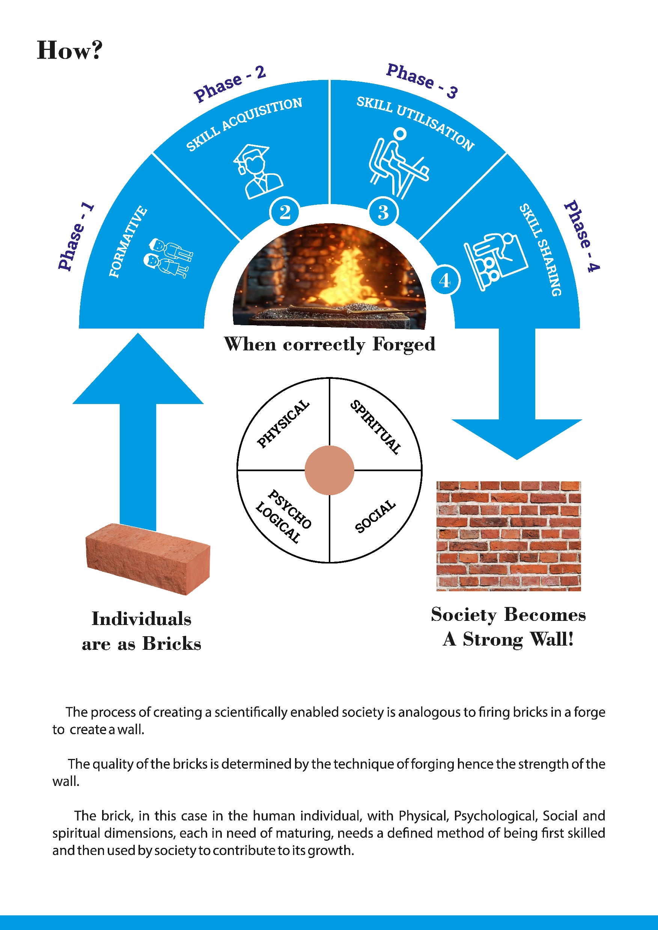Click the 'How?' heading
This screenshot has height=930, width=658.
point(69,50)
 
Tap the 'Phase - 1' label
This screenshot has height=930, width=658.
point(76,237)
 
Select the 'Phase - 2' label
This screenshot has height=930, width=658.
point(230,83)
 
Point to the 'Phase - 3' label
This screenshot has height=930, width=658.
point(422,81)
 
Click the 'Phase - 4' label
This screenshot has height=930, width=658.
point(582,236)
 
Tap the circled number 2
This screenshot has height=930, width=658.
point(285,212)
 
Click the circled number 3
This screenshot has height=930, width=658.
point(383,212)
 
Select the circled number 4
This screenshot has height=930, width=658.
point(445,280)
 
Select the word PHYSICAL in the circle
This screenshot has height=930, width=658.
point(283,424)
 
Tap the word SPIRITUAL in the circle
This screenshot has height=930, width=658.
point(376,427)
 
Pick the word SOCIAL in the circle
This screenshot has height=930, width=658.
point(375,517)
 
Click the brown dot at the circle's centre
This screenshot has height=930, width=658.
point(330,470)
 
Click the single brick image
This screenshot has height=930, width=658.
point(148,559)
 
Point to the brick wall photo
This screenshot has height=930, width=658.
point(509,536)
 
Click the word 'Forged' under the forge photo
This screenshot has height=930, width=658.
point(404,345)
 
